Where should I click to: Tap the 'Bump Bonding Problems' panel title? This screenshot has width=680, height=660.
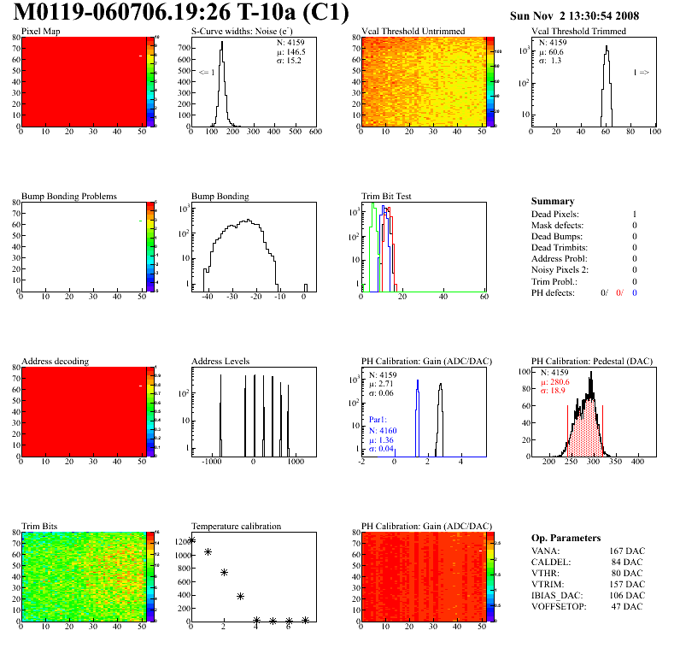[69, 196]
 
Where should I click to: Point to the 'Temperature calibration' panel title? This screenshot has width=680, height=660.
[237, 526]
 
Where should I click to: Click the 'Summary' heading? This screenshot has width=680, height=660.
[553, 201]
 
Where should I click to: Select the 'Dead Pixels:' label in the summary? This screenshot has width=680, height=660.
[555, 214]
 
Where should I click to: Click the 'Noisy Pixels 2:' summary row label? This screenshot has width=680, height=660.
[560, 270]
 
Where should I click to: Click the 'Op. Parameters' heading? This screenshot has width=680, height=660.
[566, 538]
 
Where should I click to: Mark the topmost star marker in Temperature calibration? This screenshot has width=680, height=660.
[191, 539]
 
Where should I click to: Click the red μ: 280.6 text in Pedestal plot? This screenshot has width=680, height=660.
[555, 382]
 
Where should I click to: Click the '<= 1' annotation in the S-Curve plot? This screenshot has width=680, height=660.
[207, 73]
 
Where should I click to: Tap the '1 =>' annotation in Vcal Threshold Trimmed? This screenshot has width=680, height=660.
[641, 73]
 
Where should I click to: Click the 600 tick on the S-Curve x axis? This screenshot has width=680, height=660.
[315, 133]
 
